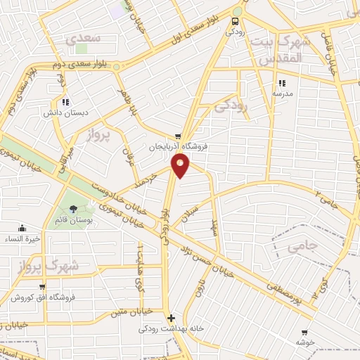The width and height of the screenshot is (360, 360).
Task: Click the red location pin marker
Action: pos(181,165)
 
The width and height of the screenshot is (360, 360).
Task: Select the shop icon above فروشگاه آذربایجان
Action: pos(179,136)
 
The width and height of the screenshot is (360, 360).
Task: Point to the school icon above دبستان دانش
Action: pos(65,102)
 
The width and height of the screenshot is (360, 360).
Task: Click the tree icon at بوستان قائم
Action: pos(74,208)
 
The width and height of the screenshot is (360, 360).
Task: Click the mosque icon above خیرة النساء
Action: pos(22,227)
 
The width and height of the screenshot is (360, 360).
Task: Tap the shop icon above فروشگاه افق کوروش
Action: pos(43,286)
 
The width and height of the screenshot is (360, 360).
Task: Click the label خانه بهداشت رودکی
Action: pos(168,328)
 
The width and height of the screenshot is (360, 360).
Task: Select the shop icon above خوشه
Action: pos(304,332)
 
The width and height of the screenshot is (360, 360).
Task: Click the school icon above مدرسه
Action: pos(282,82)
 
